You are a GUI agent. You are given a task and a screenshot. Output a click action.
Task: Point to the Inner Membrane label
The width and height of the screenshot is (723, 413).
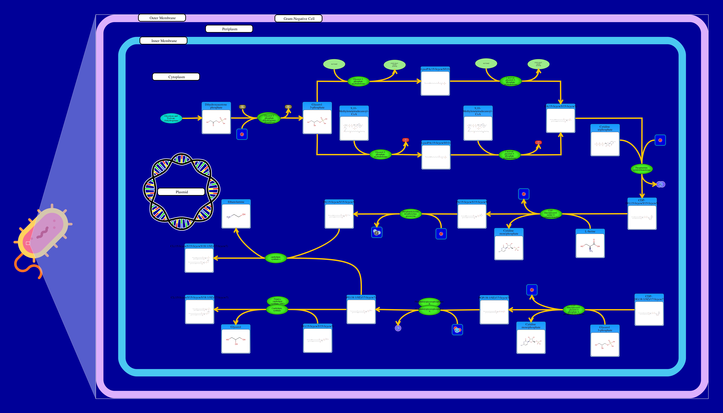pos(163,41)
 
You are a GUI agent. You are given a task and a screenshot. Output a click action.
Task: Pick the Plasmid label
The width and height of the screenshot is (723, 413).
pos(181,192)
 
